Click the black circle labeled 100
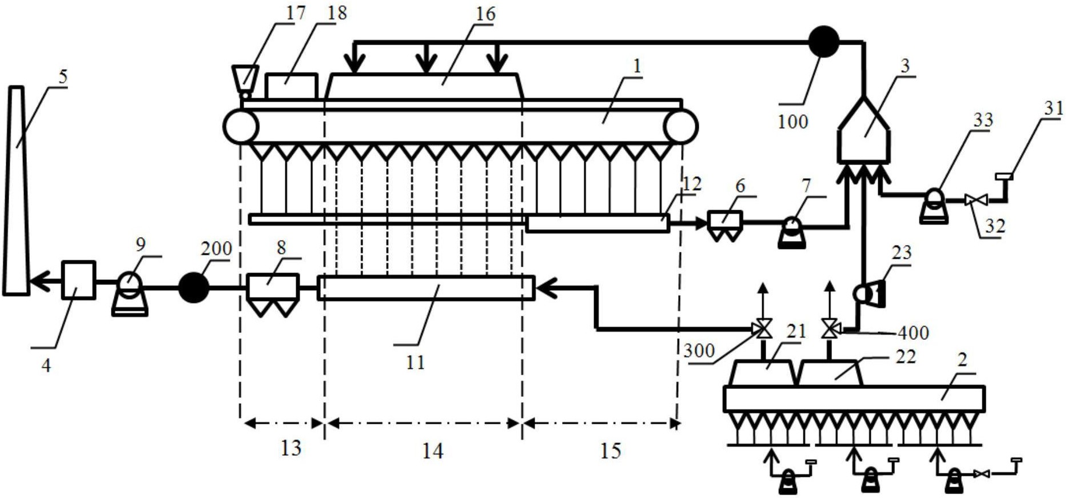(823, 42)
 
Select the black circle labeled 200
(194, 287)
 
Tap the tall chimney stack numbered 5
(16, 191)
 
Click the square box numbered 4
(78, 280)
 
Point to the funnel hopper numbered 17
(245, 81)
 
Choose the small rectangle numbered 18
(291, 86)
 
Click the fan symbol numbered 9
(130, 294)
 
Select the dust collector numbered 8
(273, 295)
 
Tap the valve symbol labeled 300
(762, 330)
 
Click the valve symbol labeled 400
(829, 330)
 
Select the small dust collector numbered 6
(725, 225)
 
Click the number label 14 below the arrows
(432, 451)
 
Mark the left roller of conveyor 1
(241, 126)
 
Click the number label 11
(415, 362)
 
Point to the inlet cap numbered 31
(1004, 177)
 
